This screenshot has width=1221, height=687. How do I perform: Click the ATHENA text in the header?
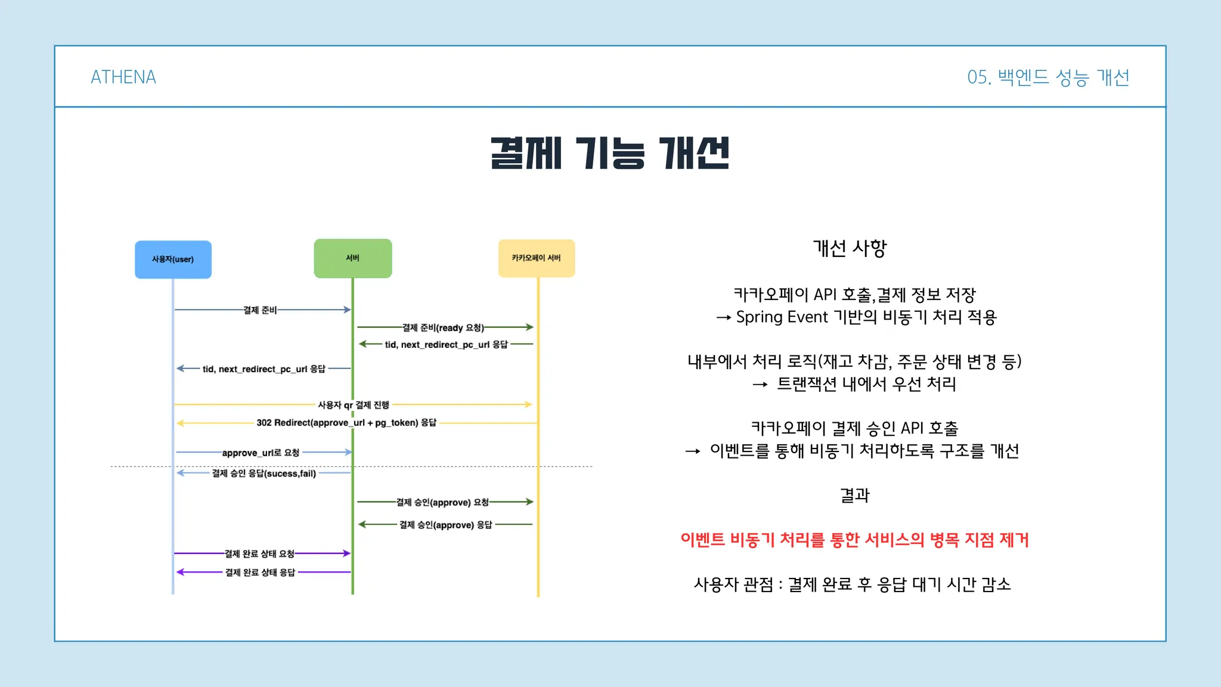point(123,77)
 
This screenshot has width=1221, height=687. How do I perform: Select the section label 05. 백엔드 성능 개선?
point(1048,78)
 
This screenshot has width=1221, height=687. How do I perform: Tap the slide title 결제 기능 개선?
point(610,153)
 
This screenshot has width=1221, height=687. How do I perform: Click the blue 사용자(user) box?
point(173,259)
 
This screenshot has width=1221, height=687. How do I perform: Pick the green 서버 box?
point(353,258)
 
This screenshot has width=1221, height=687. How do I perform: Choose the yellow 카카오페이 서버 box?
point(537,258)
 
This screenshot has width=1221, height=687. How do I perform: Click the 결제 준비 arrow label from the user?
point(260,310)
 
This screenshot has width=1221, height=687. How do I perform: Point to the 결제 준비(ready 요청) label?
point(443,327)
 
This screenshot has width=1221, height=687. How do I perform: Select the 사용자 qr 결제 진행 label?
point(354,405)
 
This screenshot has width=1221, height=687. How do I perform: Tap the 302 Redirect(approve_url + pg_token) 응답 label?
point(346,423)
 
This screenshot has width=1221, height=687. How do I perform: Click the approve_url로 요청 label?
point(261,453)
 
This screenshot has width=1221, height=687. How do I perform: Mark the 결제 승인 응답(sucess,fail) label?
point(264,474)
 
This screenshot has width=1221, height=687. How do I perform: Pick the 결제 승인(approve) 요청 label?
point(442,502)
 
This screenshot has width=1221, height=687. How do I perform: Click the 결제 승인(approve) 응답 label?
point(446,525)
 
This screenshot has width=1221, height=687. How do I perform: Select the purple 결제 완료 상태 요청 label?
point(259,553)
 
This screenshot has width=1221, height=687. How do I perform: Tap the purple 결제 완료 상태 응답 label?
point(260,572)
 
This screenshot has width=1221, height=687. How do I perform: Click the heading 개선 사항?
point(850,248)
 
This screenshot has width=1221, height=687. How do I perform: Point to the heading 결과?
point(855,495)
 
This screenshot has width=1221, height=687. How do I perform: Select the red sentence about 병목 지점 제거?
point(855,540)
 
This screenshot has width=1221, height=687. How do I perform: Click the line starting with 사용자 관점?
point(853,584)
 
